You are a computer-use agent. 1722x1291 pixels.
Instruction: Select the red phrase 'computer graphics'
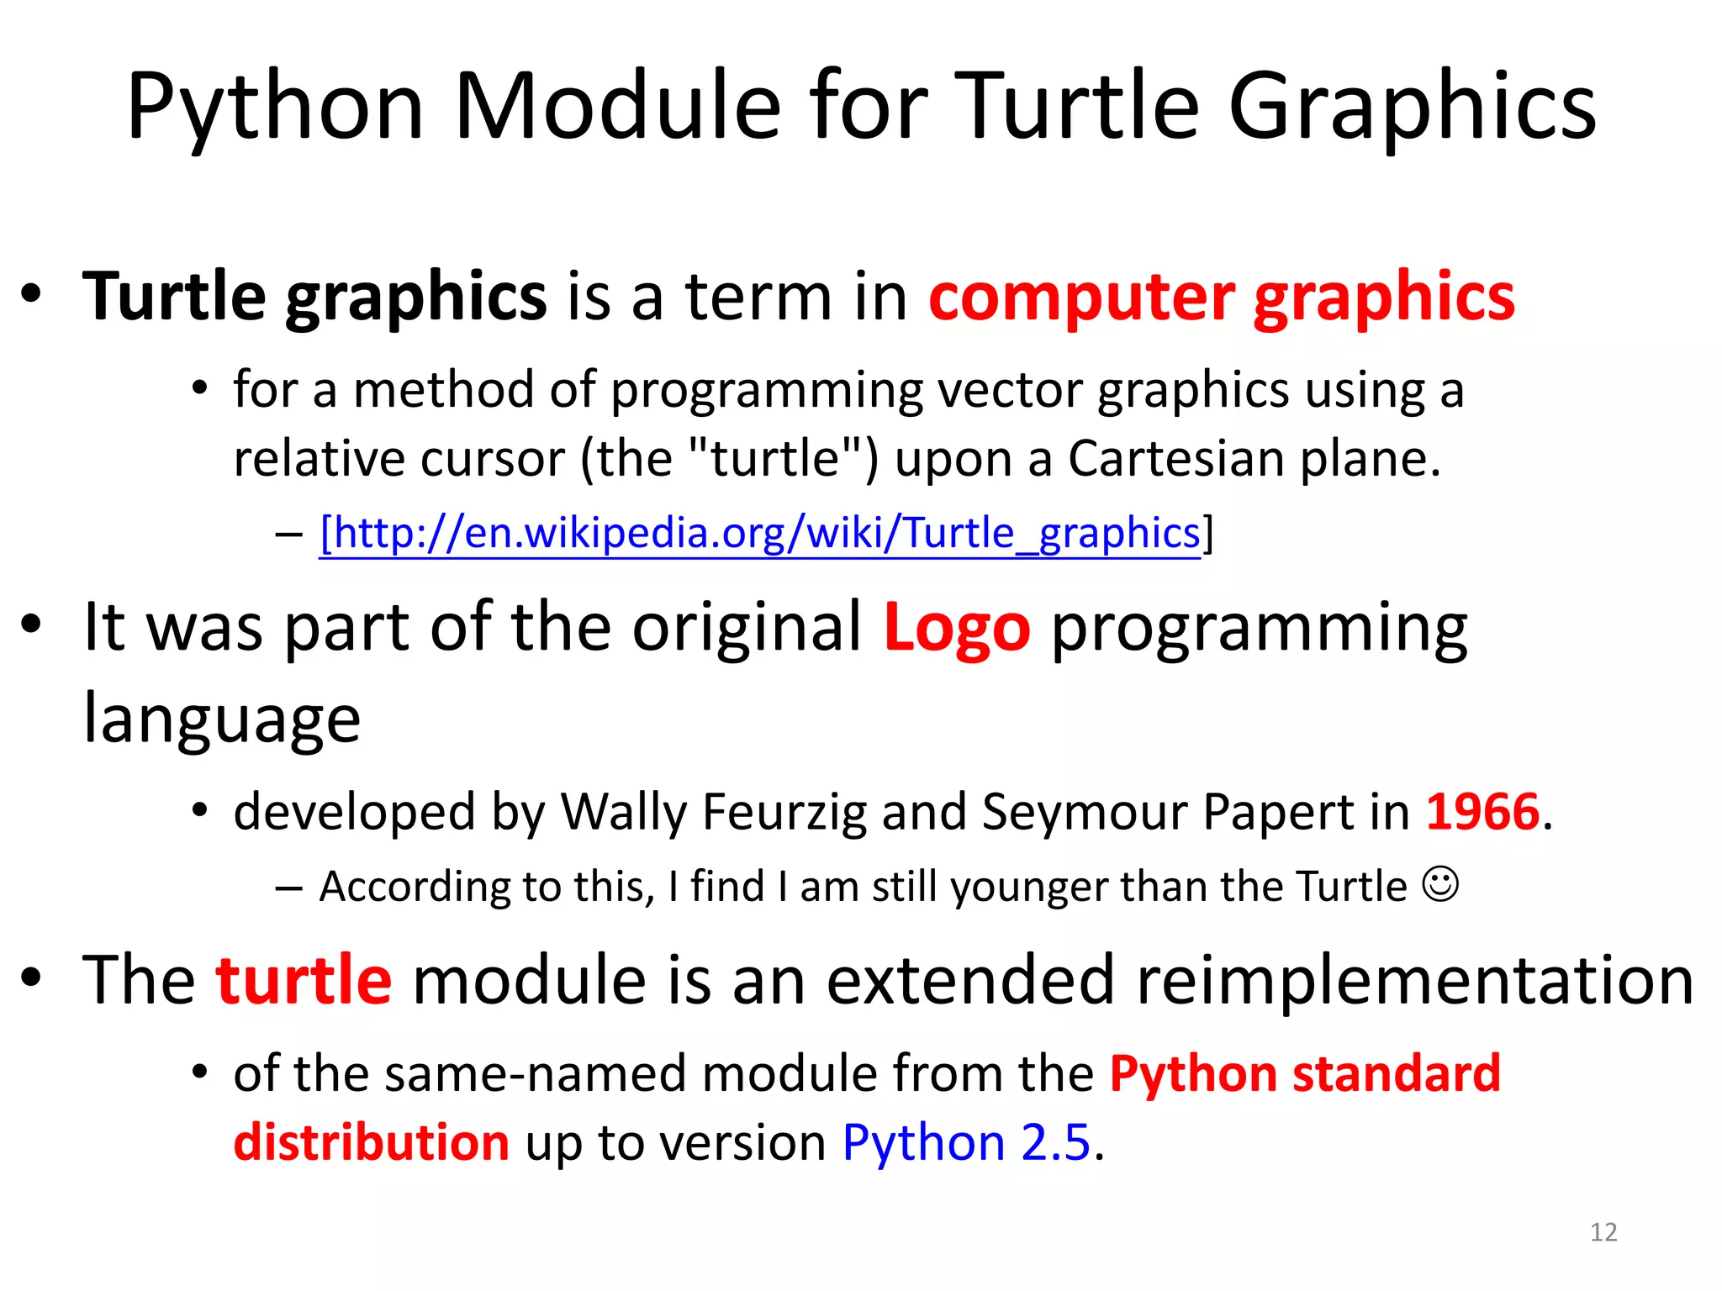click(1221, 298)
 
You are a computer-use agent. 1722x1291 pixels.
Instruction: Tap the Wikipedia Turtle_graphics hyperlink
click(760, 533)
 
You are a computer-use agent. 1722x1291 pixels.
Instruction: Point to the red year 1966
click(1483, 812)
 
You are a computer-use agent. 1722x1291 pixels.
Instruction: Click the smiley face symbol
click(1440, 884)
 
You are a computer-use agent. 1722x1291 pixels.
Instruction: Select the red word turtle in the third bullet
click(304, 980)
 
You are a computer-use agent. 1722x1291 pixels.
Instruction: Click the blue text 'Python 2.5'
click(966, 1142)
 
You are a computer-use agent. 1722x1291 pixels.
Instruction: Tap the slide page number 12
click(1603, 1232)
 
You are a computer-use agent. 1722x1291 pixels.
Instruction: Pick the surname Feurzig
click(784, 812)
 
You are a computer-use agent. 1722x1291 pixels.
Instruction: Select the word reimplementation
click(1414, 980)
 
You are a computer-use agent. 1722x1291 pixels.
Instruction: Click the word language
click(222, 719)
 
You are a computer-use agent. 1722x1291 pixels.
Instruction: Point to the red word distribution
click(371, 1142)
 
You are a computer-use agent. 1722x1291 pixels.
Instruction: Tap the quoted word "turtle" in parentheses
click(775, 459)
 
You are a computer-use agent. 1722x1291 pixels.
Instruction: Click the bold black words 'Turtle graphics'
click(314, 298)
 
